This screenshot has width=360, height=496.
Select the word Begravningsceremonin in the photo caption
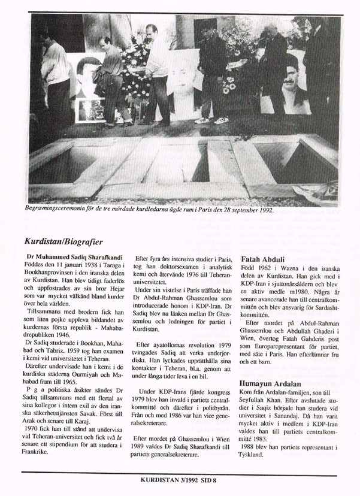pyautogui.click(x=53, y=211)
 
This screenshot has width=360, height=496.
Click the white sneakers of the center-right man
pyautogui.click(x=210, y=120)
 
